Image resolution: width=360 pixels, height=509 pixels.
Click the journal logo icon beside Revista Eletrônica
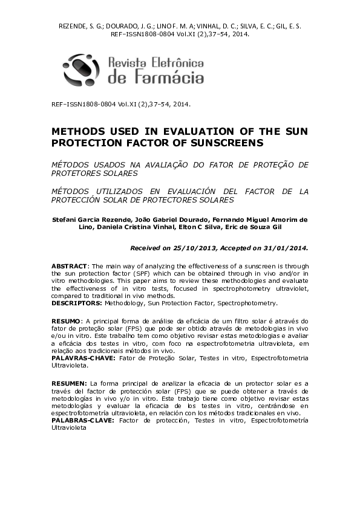82,70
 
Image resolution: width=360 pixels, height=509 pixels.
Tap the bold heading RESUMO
65,320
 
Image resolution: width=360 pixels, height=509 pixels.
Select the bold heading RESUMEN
68,383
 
